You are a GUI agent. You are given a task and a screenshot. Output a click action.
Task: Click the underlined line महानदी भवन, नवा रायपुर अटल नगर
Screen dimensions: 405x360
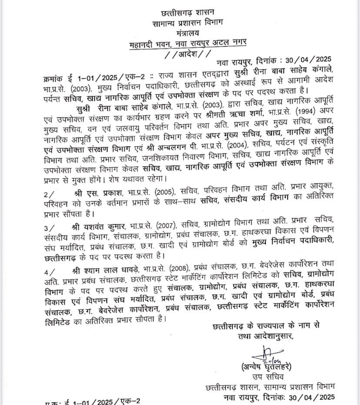pyautogui.click(x=188, y=43)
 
